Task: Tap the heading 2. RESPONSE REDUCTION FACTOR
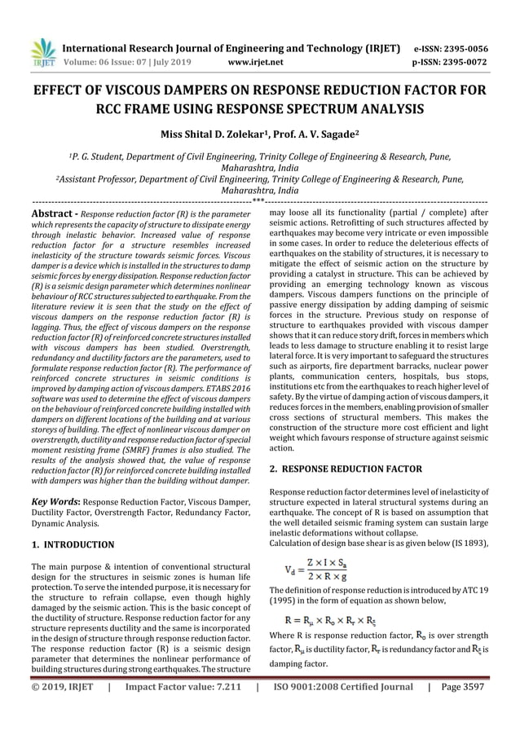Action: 346,469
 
